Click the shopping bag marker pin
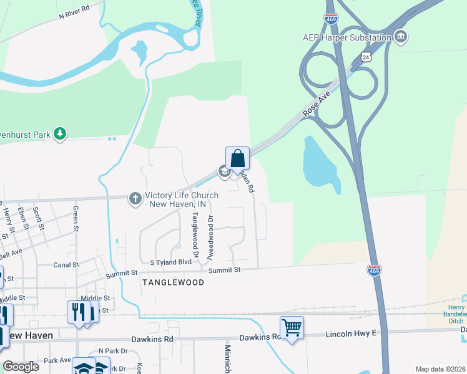click(237, 158)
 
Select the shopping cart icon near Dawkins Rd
click(292, 327)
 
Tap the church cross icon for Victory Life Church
click(134, 199)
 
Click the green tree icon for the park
click(60, 133)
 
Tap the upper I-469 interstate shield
click(332, 18)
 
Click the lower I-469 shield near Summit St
click(374, 270)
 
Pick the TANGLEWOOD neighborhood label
click(173, 282)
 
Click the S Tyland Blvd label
click(170, 262)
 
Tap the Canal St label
click(66, 264)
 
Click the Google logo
click(20, 367)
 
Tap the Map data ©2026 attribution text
click(440, 369)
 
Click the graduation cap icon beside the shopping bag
click(223, 171)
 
